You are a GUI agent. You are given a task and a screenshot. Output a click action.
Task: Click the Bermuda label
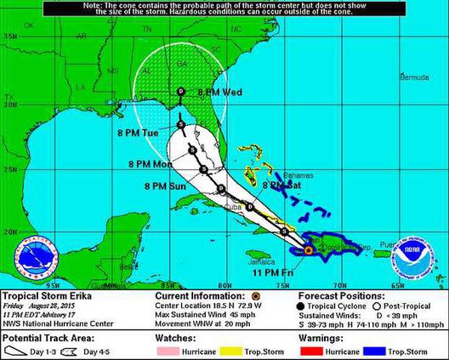click(414, 77)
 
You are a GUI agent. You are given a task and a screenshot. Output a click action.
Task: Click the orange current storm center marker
click(308, 250)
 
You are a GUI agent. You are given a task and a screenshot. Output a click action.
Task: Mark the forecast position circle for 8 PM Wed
click(180, 91)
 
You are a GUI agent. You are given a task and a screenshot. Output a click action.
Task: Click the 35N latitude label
click(9, 37)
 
